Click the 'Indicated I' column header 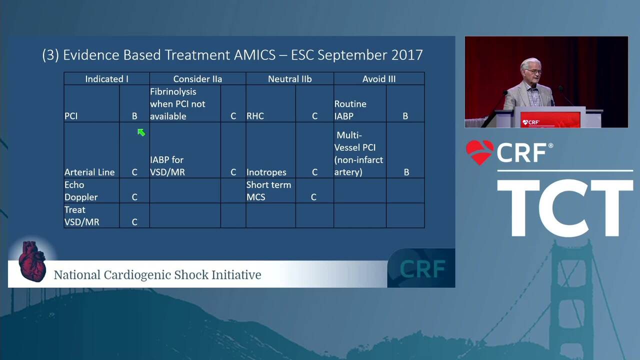106,79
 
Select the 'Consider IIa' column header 197,79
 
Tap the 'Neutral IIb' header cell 289,79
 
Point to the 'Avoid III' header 379,79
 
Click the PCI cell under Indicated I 91,103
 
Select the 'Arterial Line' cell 91,150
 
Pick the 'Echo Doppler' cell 91,191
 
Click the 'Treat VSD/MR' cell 91,215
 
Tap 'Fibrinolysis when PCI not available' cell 185,103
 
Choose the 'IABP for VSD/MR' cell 185,150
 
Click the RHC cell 270,103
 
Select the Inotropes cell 270,150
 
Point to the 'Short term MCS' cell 270,191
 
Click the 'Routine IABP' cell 360,103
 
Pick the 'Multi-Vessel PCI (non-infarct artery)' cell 360,150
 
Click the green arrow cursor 141,132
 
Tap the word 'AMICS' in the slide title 255,55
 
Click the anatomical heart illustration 32,261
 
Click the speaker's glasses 533,71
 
